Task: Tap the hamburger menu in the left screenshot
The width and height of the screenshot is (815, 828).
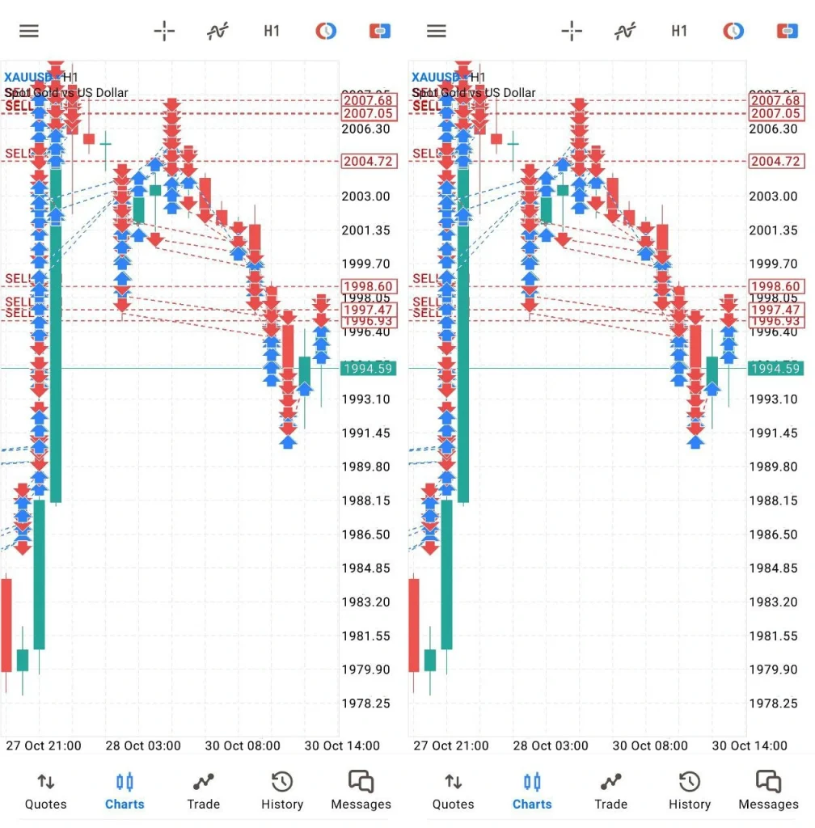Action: [29, 32]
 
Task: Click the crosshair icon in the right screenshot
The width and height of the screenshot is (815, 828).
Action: [572, 32]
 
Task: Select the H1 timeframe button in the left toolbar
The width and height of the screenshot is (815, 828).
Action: [272, 32]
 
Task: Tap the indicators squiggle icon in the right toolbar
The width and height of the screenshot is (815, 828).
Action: [624, 32]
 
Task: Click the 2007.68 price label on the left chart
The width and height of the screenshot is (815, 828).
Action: [368, 101]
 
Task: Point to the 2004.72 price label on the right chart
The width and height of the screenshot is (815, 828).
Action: [775, 162]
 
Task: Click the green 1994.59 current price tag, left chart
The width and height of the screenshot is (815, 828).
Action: [368, 369]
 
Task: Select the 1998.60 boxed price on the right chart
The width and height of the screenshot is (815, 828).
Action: [775, 286]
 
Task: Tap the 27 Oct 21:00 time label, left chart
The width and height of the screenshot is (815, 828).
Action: [44, 746]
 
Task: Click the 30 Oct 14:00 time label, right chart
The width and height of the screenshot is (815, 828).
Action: [750, 746]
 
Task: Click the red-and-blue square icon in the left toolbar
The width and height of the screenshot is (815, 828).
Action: [380, 32]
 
